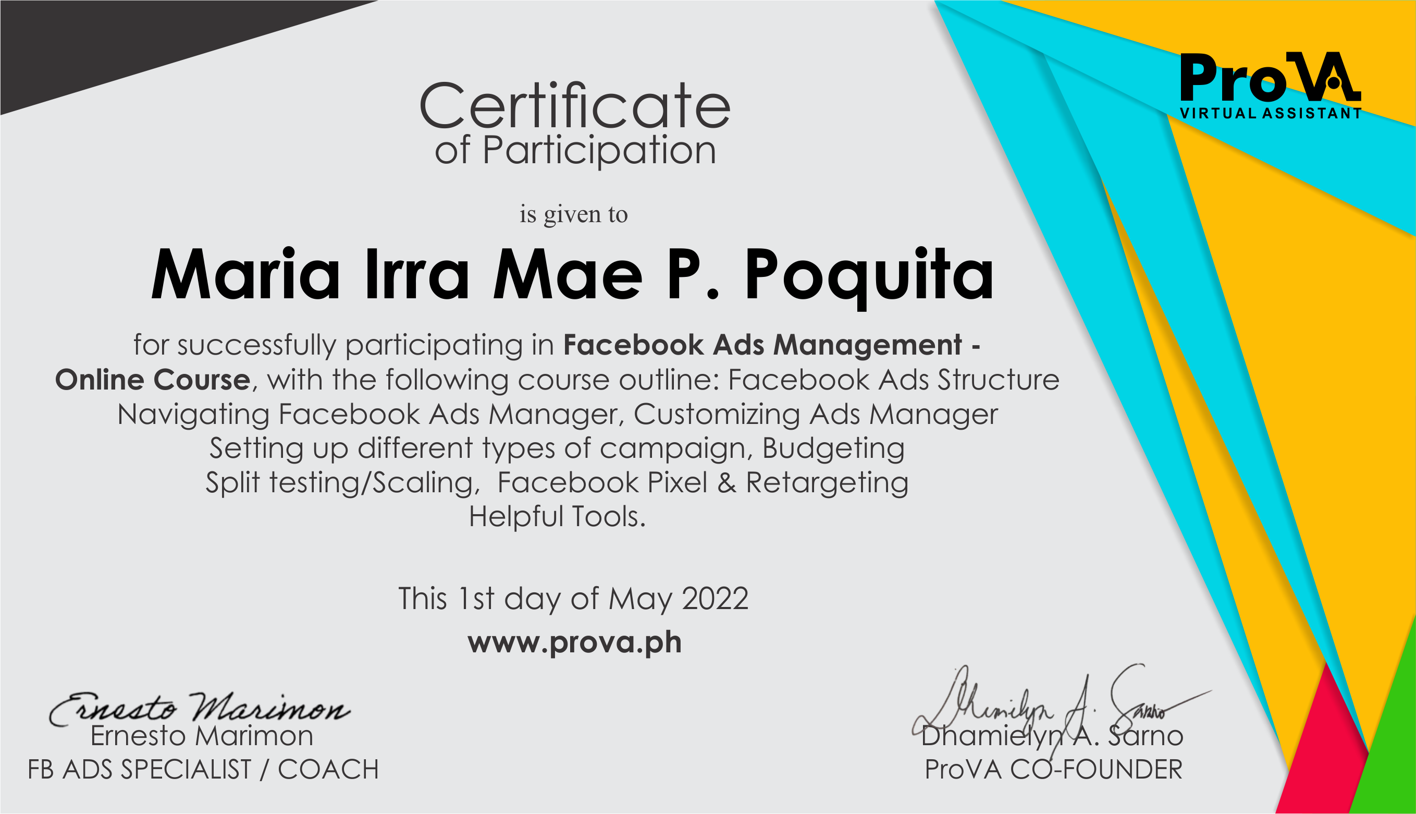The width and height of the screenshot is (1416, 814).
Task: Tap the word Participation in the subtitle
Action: [599, 151]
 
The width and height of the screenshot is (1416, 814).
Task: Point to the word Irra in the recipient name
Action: [417, 274]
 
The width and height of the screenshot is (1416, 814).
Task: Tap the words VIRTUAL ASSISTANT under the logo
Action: [1271, 113]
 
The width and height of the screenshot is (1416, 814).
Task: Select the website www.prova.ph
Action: [575, 642]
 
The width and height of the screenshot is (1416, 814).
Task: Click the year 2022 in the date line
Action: [715, 599]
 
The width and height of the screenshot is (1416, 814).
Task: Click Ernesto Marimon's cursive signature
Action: [199, 709]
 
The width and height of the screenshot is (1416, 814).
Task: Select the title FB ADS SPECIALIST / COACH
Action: [203, 770]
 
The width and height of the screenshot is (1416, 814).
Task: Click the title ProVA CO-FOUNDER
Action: [1053, 770]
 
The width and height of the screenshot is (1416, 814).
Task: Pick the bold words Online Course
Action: [153, 380]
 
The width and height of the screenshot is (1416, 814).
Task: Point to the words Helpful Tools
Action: [557, 516]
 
